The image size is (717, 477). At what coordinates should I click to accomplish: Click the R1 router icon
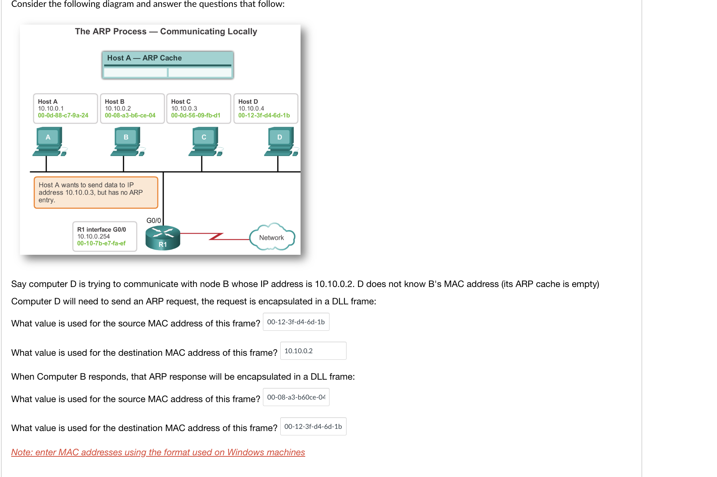pos(163,238)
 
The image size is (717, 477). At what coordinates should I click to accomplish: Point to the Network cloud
pos(272,237)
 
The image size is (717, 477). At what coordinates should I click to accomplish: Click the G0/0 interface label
pos(154,220)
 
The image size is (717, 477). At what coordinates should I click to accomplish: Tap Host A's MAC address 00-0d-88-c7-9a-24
pos(63,115)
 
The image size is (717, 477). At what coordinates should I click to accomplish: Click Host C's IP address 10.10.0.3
pos(184,109)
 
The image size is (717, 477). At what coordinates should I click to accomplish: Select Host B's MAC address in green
pos(130,115)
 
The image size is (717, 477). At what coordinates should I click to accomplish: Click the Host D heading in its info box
pos(248,102)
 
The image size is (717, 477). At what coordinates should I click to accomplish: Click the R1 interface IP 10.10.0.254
pos(93,236)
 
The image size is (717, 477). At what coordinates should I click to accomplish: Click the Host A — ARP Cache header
pos(144,58)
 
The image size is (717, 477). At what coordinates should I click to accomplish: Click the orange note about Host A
pos(96,193)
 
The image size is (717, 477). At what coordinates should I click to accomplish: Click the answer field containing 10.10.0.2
pos(313,351)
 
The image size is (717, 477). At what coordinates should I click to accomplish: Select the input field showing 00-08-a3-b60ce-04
pos(296,397)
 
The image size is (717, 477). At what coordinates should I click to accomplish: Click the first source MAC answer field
pos(296,322)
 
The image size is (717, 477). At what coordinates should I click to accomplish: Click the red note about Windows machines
pos(158,452)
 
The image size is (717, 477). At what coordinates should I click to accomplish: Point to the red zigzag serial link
pos(216,236)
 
